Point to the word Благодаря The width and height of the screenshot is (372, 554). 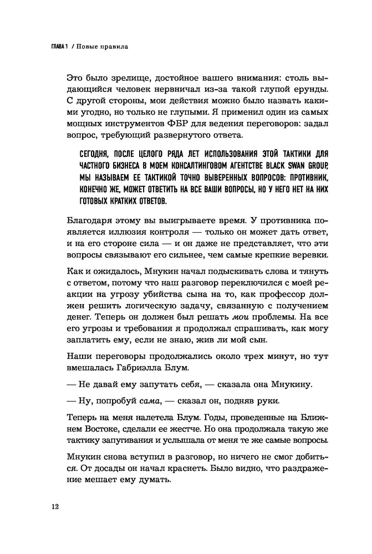[x=91, y=218]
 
